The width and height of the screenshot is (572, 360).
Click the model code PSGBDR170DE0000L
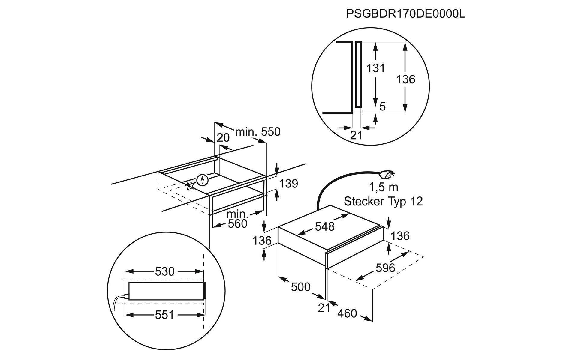pos(405,14)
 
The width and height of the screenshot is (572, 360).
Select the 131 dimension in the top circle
pos(375,68)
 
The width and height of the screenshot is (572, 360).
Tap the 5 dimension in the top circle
pos(382,106)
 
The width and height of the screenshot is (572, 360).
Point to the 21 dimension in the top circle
pos(356,135)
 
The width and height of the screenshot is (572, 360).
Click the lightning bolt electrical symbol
pos(202,180)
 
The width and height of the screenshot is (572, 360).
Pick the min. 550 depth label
pos(258,132)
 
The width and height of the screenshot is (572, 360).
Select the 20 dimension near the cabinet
pos(223,138)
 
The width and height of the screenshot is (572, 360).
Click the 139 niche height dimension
pos(288,184)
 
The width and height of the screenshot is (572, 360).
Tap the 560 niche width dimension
pos(237,223)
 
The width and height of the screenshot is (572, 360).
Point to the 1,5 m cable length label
pos(383,187)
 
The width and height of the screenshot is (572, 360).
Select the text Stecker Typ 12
pos(383,201)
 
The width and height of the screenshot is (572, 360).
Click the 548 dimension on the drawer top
pos(324,226)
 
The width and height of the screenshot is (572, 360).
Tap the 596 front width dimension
pos(385,268)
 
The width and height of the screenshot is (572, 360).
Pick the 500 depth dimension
pos(300,287)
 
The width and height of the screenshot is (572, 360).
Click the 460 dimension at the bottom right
pos(347,313)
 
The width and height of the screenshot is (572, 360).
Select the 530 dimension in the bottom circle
pos(164,271)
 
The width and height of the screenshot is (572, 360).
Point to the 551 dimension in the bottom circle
pos(164,315)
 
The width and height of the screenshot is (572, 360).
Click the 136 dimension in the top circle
pos(405,79)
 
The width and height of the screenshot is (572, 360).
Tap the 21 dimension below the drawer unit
pos(324,308)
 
